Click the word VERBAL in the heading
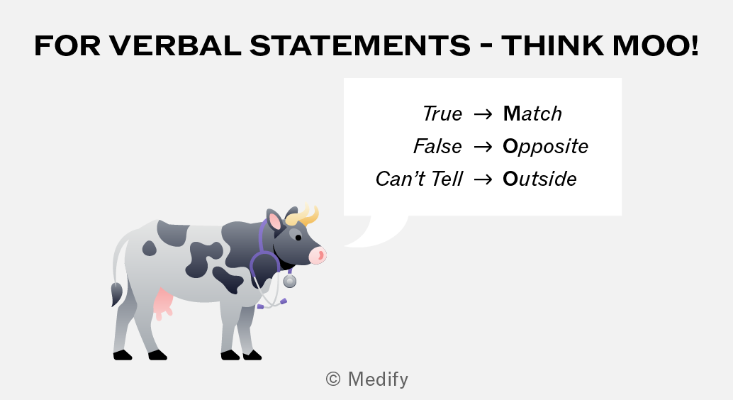pyautogui.click(x=175, y=45)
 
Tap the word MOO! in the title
pyautogui.click(x=656, y=45)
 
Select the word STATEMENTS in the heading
pyautogui.click(x=360, y=45)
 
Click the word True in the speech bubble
pyautogui.click(x=442, y=113)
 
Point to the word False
pyautogui.click(x=437, y=146)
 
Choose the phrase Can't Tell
pyautogui.click(x=419, y=179)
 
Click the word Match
pyautogui.click(x=532, y=113)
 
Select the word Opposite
pyautogui.click(x=546, y=147)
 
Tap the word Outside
pyautogui.click(x=540, y=179)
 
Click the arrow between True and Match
pyautogui.click(x=483, y=114)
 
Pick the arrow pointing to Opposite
pyautogui.click(x=483, y=147)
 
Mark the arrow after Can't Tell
pyautogui.click(x=483, y=179)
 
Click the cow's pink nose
pyautogui.click(x=318, y=255)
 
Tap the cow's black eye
pyautogui.click(x=298, y=238)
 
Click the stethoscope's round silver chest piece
pyautogui.click(x=290, y=281)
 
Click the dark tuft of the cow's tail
pyautogui.click(x=116, y=295)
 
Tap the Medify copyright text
pyautogui.click(x=367, y=379)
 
